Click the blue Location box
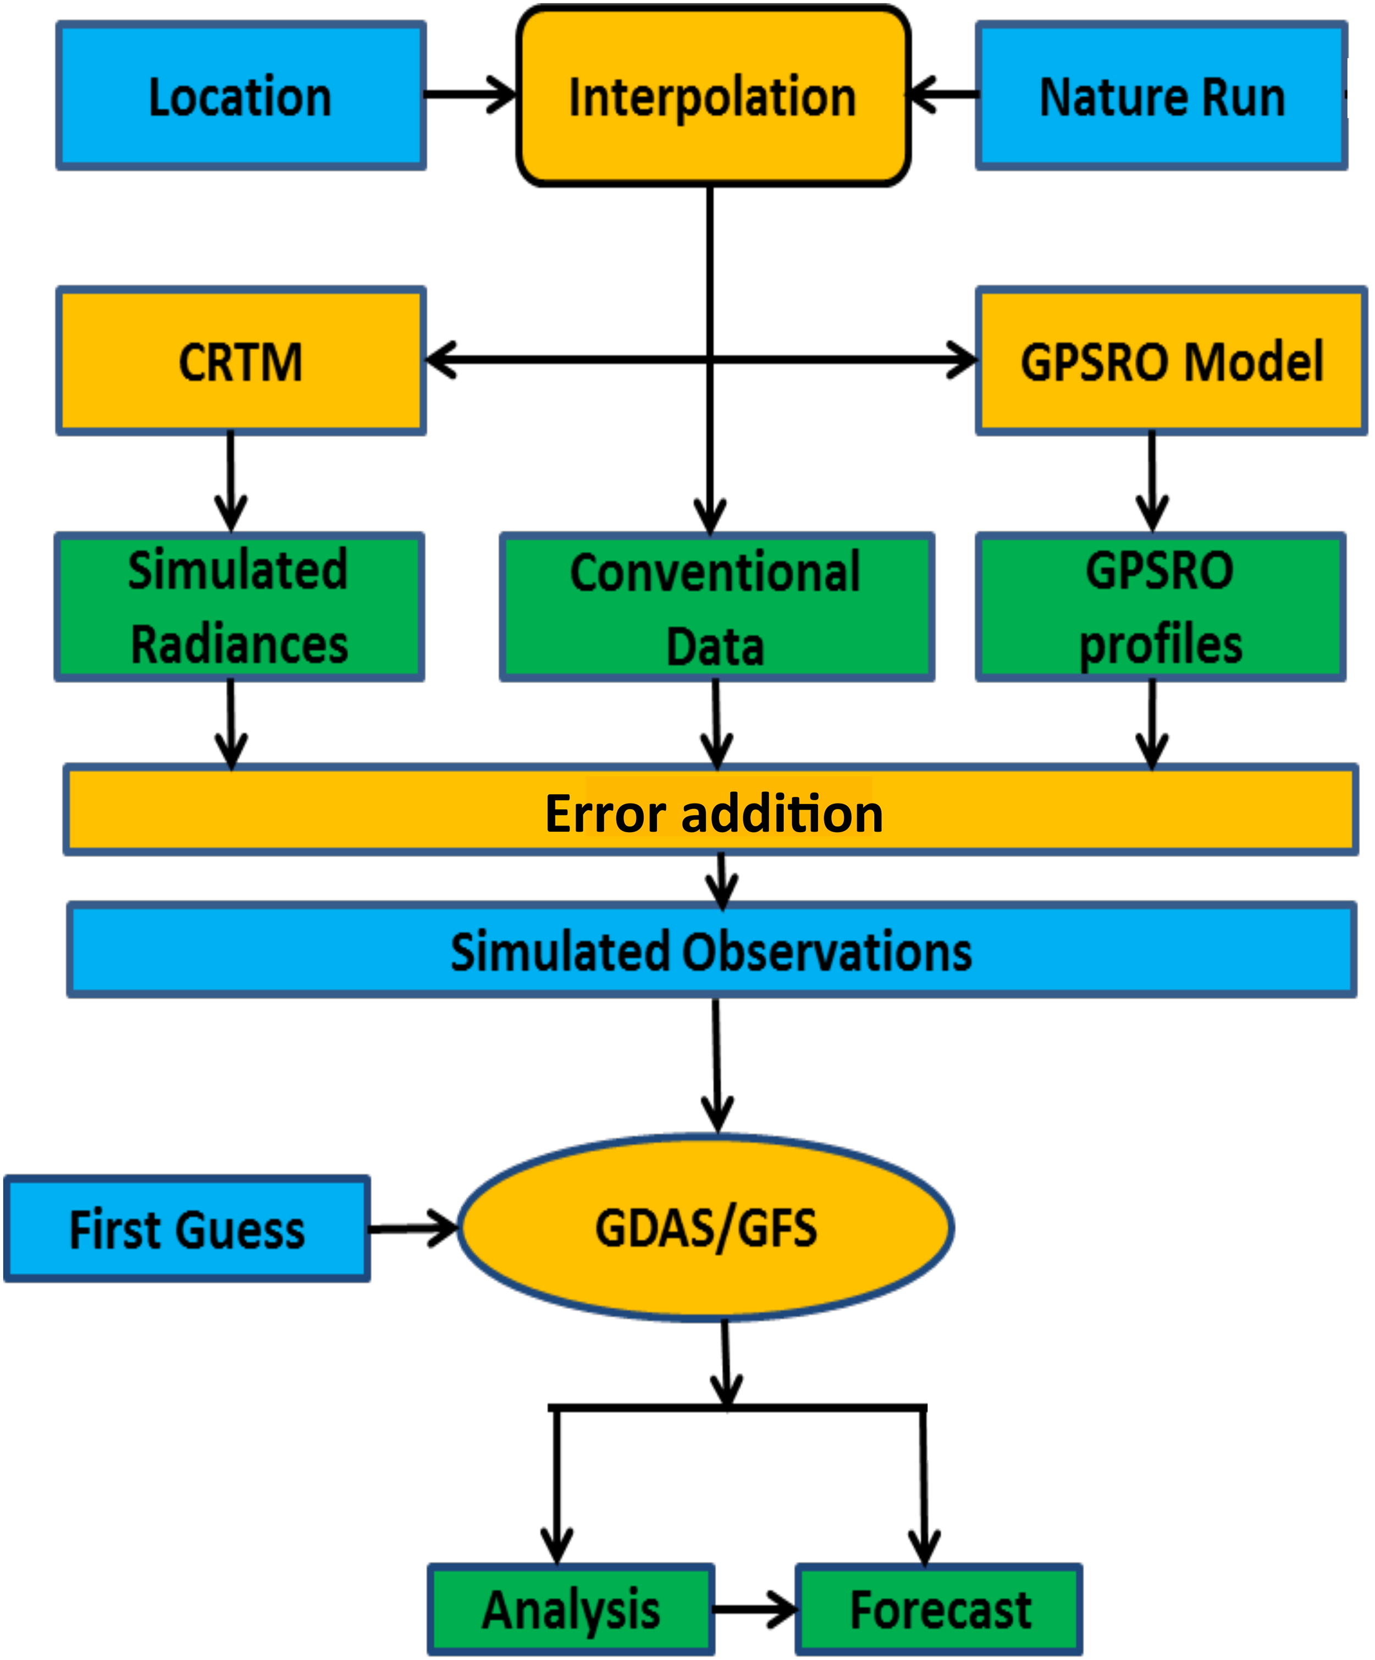pyautogui.click(x=241, y=96)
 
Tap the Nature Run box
pyautogui.click(x=1162, y=96)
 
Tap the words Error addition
pyautogui.click(x=714, y=813)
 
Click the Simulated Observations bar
pyautogui.click(x=712, y=950)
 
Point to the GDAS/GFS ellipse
pyautogui.click(x=706, y=1228)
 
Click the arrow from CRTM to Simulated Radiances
pyautogui.click(x=231, y=482)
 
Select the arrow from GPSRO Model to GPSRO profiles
pyautogui.click(x=1152, y=482)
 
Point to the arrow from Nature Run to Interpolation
pyautogui.click(x=945, y=95)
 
